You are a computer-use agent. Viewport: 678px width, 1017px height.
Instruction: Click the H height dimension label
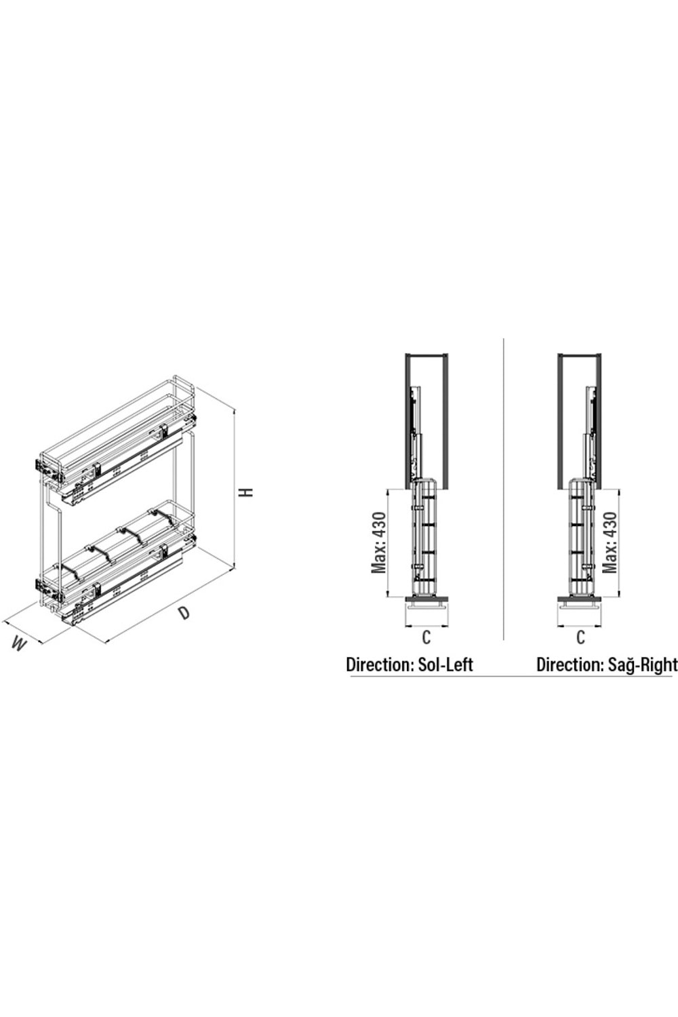pos(249,491)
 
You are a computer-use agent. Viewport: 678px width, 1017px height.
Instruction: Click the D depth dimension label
pos(184,612)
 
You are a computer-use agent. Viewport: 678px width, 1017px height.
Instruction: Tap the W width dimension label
pos(20,644)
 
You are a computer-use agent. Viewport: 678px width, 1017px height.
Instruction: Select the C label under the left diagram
pos(426,637)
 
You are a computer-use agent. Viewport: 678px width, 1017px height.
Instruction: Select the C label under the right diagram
pos(580,637)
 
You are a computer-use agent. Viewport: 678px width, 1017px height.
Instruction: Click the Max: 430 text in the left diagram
pos(378,542)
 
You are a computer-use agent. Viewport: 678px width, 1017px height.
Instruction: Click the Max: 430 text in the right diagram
pos(610,542)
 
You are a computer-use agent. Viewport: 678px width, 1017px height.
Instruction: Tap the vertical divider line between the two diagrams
pos(504,488)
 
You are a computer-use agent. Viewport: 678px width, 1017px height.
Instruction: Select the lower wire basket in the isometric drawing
pos(119,556)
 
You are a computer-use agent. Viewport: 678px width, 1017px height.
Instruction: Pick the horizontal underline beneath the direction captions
pos(509,677)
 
